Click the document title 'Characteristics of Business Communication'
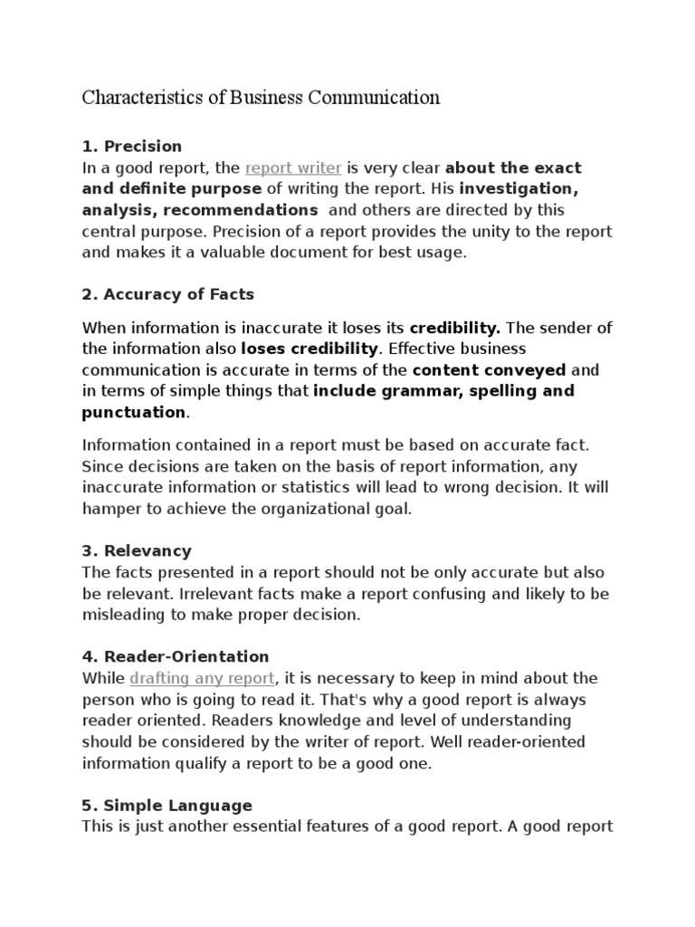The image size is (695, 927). (261, 98)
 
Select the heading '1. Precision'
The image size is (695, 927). (132, 146)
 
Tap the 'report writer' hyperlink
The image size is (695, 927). (293, 167)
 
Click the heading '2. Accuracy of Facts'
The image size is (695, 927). (168, 293)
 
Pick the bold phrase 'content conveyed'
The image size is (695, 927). (489, 369)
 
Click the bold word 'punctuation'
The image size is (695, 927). (133, 412)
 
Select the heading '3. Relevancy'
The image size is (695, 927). (137, 550)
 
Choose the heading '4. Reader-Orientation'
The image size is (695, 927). (176, 656)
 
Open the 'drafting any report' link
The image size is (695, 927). (202, 678)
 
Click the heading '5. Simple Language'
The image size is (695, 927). (167, 805)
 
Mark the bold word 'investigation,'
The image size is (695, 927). (518, 188)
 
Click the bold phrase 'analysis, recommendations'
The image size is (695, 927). (200, 210)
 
